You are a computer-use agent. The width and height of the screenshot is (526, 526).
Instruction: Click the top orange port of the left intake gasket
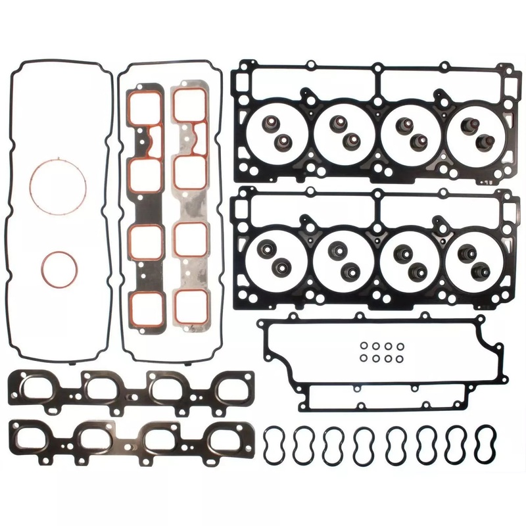point(145,105)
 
